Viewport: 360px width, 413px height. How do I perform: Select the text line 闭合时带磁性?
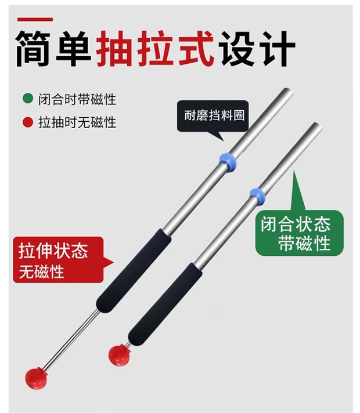pyautogui.click(x=77, y=99)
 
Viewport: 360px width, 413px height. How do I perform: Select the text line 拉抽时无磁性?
pyautogui.click(x=77, y=122)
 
